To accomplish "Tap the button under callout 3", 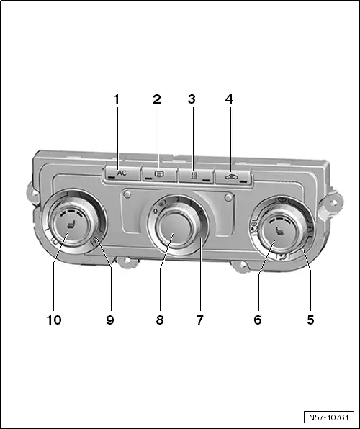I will point(193,174).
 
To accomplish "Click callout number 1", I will point(116,99).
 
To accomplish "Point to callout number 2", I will point(156,99).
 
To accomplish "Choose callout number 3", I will point(192,99).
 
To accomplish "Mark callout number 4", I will point(229,99).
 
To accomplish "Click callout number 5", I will point(310,320).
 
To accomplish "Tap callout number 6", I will point(257,320).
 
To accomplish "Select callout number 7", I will point(200,320).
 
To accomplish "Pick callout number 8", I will point(160,320).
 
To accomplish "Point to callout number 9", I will point(110,320).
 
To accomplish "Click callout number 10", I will point(54,320).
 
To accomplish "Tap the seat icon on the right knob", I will point(279,231).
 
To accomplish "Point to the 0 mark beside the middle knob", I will point(154,212).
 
